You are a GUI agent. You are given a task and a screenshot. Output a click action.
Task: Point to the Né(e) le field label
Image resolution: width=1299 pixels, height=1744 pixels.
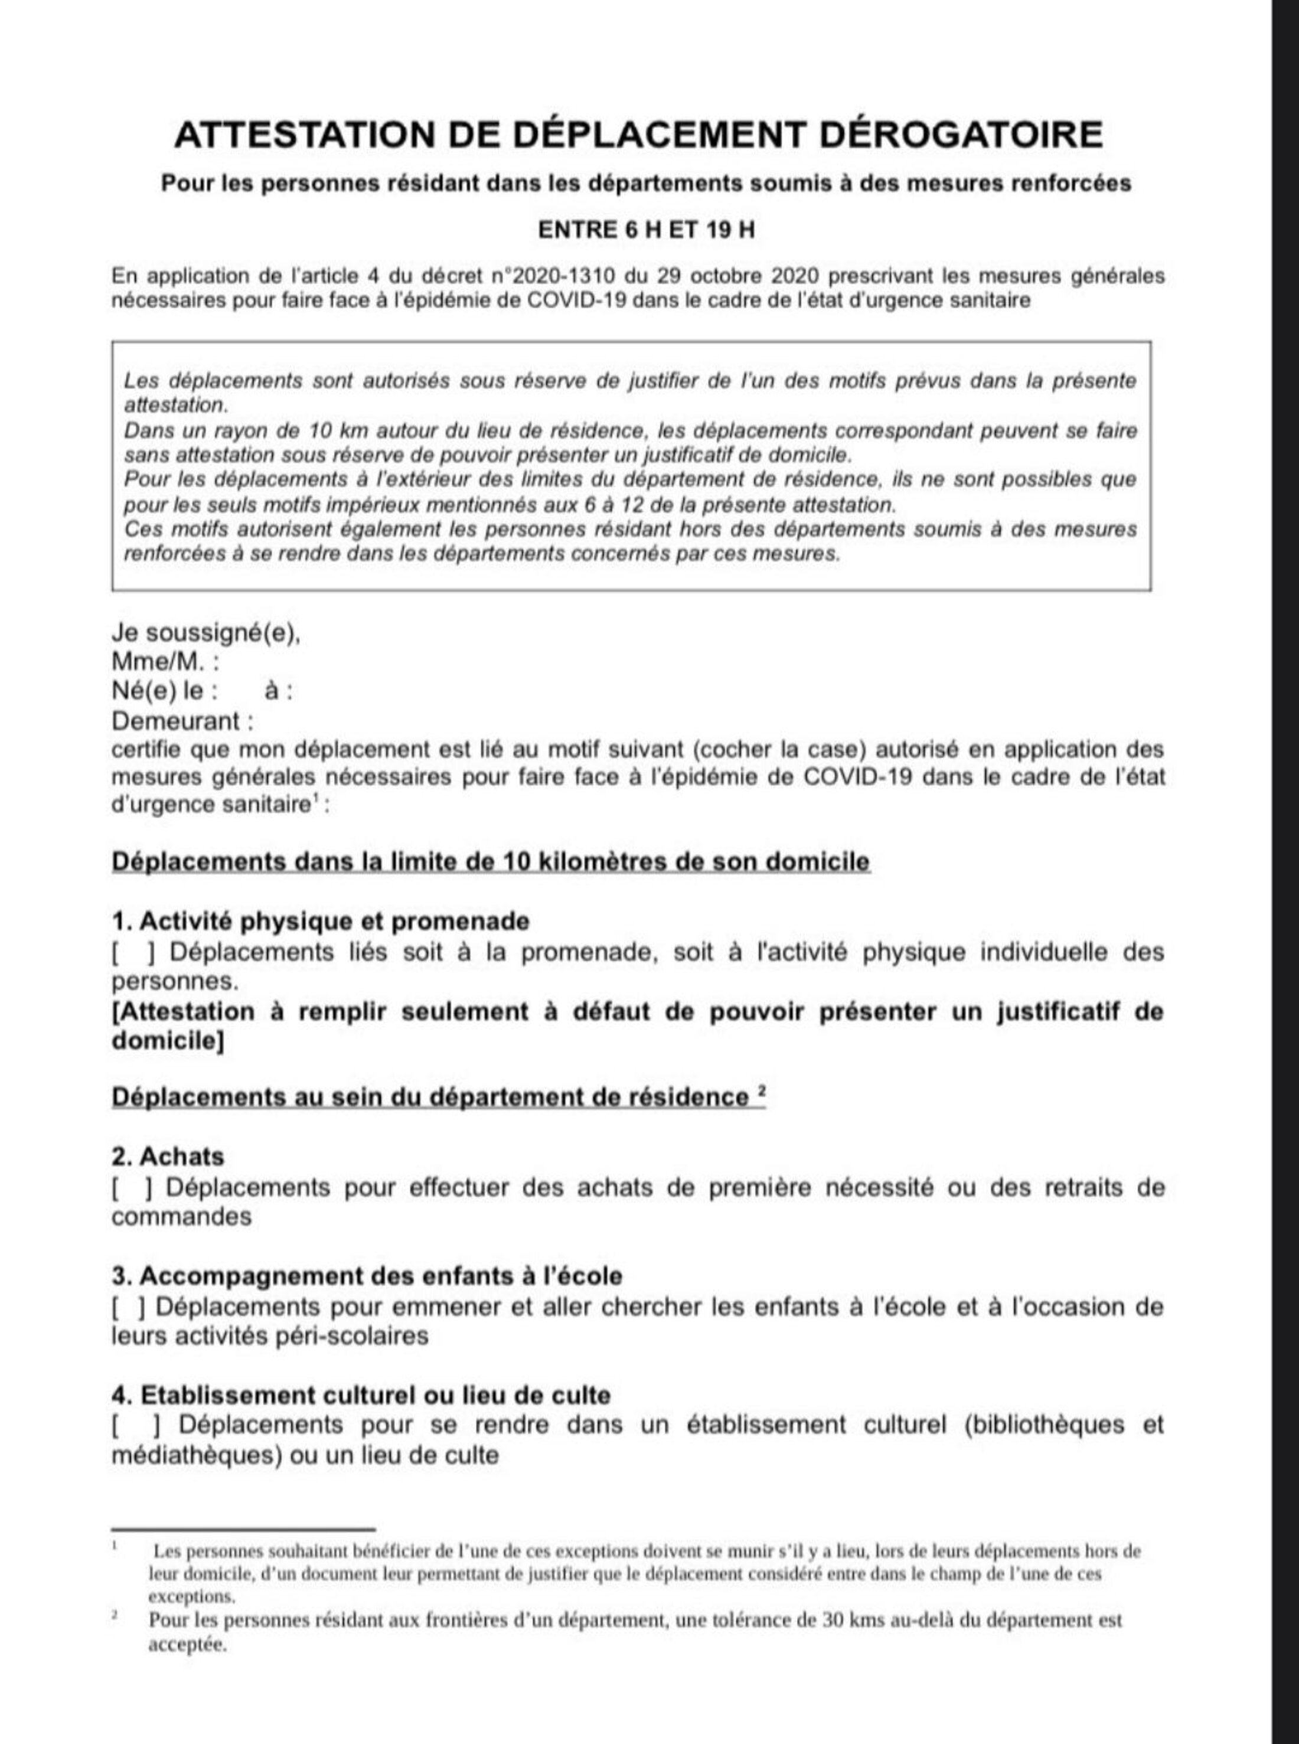coord(165,691)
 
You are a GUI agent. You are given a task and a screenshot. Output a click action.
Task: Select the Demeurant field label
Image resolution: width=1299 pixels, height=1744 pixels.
coord(182,720)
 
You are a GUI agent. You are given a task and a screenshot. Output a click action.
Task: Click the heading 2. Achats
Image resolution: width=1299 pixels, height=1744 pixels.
coord(168,1157)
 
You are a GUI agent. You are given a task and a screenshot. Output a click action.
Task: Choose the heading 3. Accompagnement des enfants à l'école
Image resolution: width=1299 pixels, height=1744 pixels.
coord(367,1276)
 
